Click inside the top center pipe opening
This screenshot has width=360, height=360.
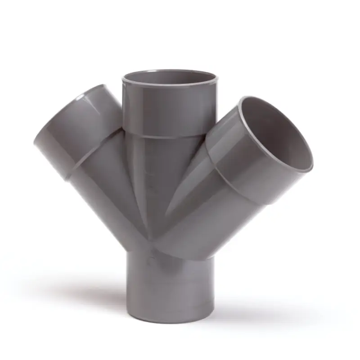(x=170, y=78)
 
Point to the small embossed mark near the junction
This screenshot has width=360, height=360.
(x=150, y=260)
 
